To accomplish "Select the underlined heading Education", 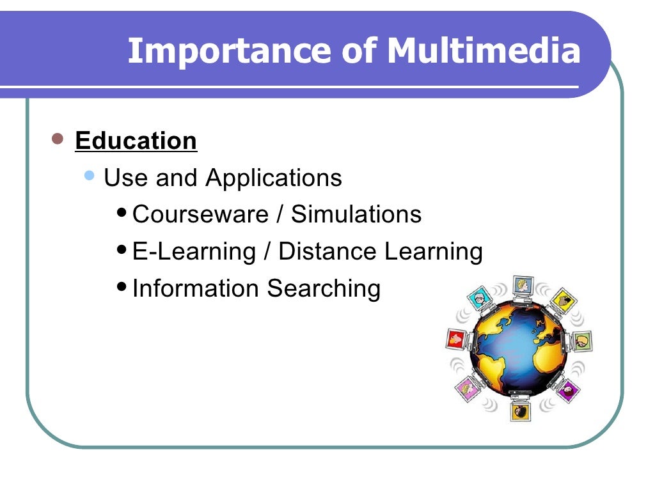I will click(136, 141).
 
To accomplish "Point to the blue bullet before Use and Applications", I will click(90, 175).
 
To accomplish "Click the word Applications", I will click(274, 178).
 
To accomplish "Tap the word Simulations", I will click(356, 214).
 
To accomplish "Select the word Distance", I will click(328, 251).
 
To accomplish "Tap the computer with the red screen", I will click(456, 338).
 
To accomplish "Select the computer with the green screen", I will click(581, 341).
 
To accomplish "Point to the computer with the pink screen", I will click(469, 389).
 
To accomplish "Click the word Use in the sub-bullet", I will click(125, 178).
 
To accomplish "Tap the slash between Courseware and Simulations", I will click(280, 214).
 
